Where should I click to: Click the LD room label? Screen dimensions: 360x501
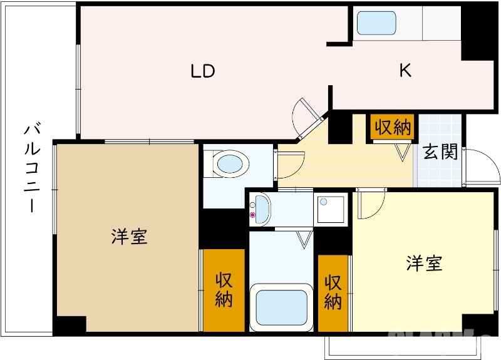coord(203,71)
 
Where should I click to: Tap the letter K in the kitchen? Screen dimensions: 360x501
coord(406,71)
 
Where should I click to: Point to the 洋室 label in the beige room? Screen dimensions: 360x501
coord(130,237)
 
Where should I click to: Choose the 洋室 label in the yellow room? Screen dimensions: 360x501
coord(424,263)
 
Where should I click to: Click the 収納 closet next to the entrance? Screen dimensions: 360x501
coord(393,128)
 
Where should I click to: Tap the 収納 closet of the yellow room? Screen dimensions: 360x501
coord(333,292)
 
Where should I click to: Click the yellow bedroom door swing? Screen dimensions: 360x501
coord(369,204)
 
